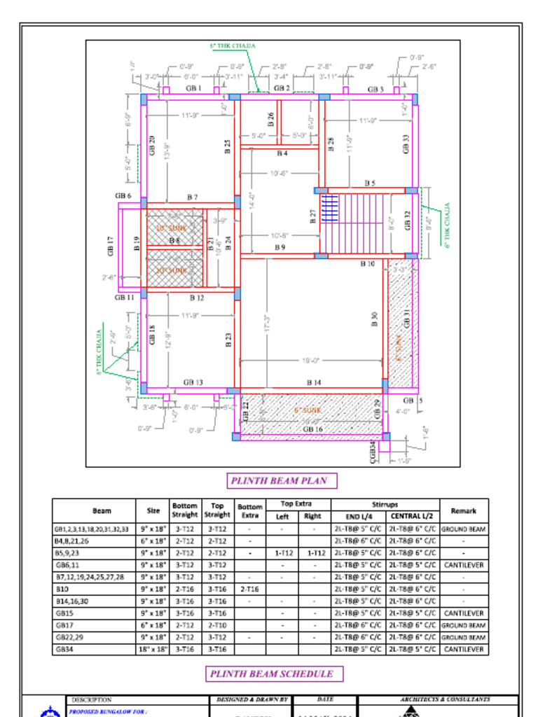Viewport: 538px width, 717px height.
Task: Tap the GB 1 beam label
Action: click(193, 89)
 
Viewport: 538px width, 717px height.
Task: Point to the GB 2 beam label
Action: click(282, 88)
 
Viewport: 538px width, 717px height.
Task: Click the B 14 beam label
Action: click(314, 382)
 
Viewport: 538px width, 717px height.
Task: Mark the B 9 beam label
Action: click(280, 247)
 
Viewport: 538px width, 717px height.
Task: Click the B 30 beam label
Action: click(375, 320)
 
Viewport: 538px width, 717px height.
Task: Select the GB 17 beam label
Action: click(111, 246)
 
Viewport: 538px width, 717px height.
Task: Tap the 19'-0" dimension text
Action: click(311, 361)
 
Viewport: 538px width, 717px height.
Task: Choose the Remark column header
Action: click(464, 511)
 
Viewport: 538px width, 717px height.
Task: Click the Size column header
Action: click(153, 511)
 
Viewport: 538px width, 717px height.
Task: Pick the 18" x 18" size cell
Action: click(153, 649)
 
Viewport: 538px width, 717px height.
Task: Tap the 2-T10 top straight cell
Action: click(217, 625)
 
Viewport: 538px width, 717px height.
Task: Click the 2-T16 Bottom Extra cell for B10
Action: click(249, 590)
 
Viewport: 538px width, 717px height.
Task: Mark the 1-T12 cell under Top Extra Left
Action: click(282, 553)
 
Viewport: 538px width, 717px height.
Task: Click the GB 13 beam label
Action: click(193, 382)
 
